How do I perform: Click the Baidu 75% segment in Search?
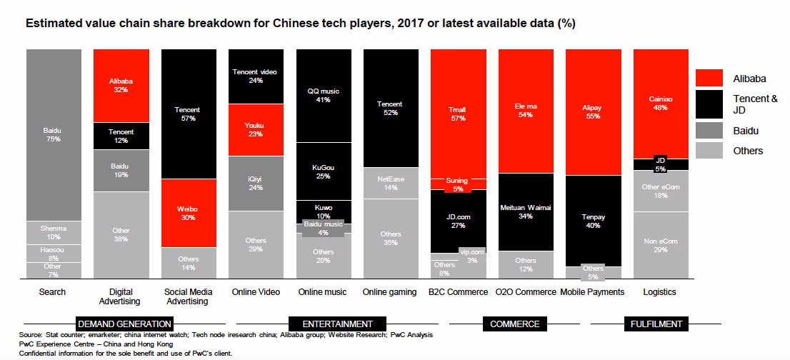point(54,135)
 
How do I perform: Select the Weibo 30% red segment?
point(189,213)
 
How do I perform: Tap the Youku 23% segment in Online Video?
point(256,130)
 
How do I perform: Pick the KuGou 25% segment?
point(324,171)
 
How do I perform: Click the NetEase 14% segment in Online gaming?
point(391,184)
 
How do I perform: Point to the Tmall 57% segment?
point(459,114)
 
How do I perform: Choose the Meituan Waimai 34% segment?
point(526,212)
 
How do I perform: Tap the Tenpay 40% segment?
point(594,221)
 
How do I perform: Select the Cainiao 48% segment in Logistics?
point(661,104)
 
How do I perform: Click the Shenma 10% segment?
point(54,233)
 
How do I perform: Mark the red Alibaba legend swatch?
point(709,78)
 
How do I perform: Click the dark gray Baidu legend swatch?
point(709,131)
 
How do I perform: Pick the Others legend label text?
point(748,151)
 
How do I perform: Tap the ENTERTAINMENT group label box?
point(338,324)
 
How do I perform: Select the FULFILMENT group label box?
point(656,324)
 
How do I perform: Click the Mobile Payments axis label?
point(592,292)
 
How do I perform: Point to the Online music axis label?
point(322,292)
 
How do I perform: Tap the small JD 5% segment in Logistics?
point(661,165)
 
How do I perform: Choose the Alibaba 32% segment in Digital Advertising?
point(121,86)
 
